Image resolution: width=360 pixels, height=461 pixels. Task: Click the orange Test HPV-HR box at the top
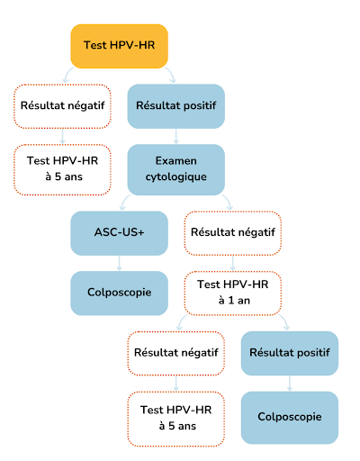coord(120,45)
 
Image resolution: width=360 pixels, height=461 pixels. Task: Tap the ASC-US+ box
coord(120,232)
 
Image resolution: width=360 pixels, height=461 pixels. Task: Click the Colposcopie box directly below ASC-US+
coord(120,294)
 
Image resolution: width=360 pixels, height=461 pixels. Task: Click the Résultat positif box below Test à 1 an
coord(290,353)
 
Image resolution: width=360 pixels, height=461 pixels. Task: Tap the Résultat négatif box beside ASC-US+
coord(233,232)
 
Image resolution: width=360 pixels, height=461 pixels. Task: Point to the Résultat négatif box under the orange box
coord(61,105)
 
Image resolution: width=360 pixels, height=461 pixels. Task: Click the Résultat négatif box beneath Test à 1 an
coord(176,353)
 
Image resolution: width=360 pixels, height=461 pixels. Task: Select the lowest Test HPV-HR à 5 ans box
coord(176,417)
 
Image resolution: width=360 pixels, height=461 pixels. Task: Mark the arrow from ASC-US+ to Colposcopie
coord(120,262)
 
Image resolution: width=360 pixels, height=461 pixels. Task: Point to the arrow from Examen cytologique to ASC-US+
coord(129,200)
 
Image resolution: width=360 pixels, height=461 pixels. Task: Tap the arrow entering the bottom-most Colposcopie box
coord(290,384)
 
